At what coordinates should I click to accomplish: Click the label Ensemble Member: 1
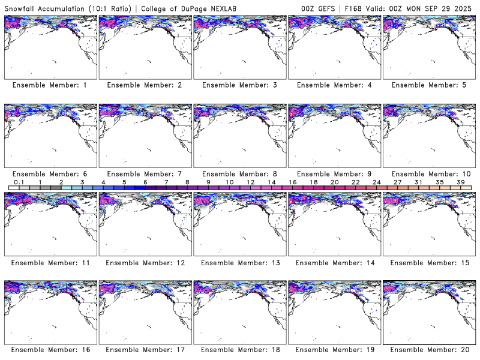coord(49,85)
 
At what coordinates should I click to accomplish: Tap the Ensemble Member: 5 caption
coord(428,85)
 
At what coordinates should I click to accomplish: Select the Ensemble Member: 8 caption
coord(239,174)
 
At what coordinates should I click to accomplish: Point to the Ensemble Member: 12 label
coord(144,263)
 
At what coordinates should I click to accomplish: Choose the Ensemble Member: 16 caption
coord(49,350)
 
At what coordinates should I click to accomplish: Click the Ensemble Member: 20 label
coord(428,350)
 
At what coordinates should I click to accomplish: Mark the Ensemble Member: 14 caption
coord(334,263)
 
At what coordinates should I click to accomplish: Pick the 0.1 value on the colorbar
coord(19,182)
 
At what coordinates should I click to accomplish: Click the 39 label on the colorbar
coord(460,182)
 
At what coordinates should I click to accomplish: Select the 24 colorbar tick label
coord(376,182)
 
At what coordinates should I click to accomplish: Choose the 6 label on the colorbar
coord(145,182)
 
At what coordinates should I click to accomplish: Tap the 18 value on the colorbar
coord(313,182)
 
